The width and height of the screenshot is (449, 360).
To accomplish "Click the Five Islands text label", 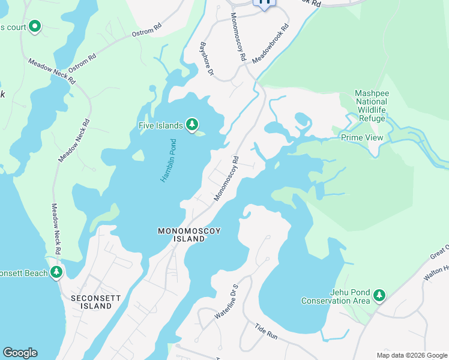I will [x=160, y=125].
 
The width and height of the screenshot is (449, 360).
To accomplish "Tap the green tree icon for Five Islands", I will [x=192, y=124].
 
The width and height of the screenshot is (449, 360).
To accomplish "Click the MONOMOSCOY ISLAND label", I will [x=181, y=235].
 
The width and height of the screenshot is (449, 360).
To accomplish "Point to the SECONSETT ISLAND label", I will [x=91, y=302].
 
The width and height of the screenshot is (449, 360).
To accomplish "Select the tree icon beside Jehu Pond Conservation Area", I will [x=379, y=295].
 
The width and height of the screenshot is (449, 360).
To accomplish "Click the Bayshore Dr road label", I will [x=207, y=59].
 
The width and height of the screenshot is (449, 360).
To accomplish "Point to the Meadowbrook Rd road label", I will [x=270, y=44].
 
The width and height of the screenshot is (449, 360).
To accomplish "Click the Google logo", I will [x=20, y=353].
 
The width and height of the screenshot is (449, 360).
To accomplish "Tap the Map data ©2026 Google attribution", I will [x=412, y=355].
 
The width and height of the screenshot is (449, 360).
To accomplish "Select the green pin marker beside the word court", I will [x=35, y=26].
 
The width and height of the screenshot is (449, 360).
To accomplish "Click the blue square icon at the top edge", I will [x=264, y=3].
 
